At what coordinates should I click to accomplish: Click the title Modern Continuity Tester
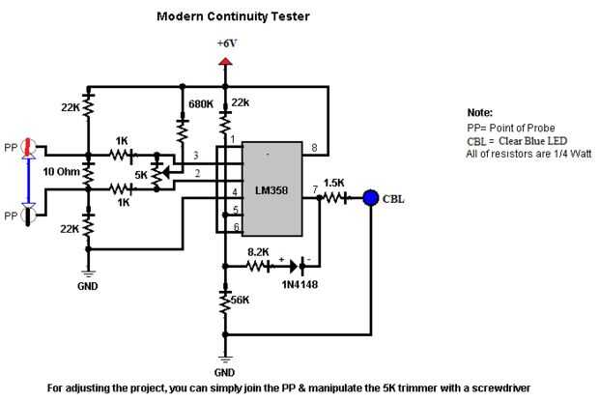225,16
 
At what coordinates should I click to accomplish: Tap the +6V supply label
226,44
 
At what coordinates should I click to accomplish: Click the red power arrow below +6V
226,63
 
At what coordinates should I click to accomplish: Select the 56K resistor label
241,301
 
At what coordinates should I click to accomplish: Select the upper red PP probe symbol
29,148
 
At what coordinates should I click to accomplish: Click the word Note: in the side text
479,112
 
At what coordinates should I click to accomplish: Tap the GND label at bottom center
226,371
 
